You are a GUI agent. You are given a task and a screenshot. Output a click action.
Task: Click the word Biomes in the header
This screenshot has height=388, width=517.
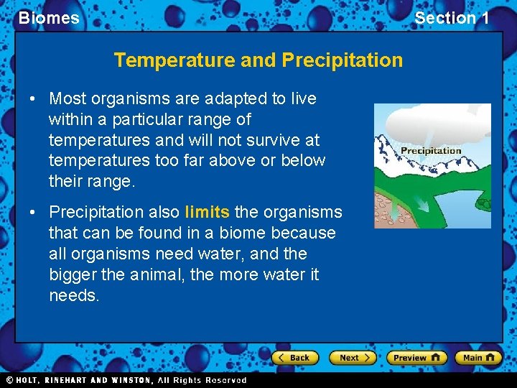[x=49, y=18]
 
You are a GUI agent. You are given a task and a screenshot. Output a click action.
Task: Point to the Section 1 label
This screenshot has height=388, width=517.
[x=452, y=18]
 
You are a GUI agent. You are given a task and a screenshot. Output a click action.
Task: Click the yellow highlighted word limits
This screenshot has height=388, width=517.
[x=208, y=212]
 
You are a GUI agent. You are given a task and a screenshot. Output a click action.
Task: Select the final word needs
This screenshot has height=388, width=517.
[x=74, y=295]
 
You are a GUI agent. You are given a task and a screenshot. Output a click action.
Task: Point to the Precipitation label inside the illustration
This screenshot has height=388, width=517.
[x=431, y=150]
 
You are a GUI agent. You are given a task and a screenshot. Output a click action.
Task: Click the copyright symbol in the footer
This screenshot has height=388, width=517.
[x=9, y=380]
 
